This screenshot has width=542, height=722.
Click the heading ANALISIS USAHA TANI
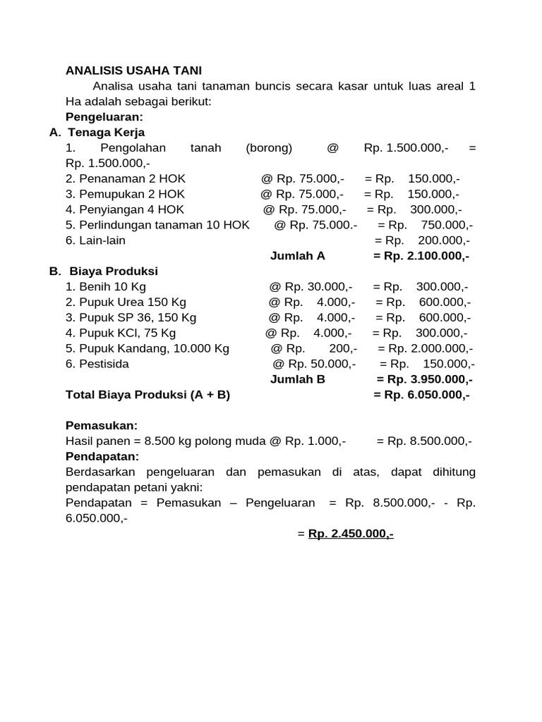pyautogui.click(x=133, y=71)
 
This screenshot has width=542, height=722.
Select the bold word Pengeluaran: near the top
pyautogui.click(x=104, y=116)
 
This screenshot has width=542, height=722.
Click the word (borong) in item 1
pyautogui.click(x=269, y=147)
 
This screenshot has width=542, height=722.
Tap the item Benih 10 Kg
pyautogui.click(x=106, y=287)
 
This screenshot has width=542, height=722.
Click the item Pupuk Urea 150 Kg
pyautogui.click(x=126, y=302)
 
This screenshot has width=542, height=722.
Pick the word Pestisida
pyautogui.click(x=104, y=364)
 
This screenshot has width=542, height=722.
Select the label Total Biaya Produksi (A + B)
pyautogui.click(x=147, y=395)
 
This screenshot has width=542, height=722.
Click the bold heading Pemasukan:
pyautogui.click(x=101, y=425)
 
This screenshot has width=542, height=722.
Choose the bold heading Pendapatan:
pyautogui.click(x=102, y=456)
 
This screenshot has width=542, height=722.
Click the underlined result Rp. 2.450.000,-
pyautogui.click(x=351, y=534)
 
